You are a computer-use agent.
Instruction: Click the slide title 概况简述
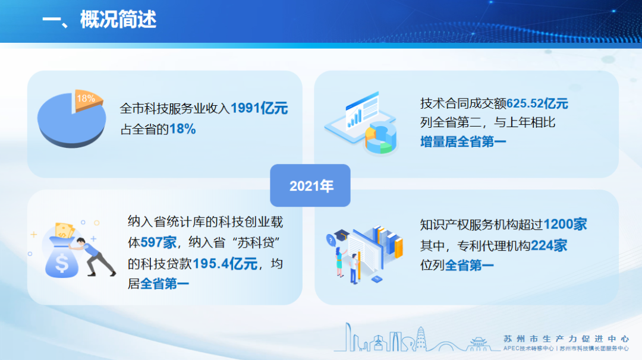[118, 20]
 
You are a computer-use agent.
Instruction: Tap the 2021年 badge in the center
[310, 185]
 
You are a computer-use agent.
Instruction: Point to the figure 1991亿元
[259, 108]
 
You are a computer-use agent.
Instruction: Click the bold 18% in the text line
[182, 130]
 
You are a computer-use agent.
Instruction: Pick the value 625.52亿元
[537, 103]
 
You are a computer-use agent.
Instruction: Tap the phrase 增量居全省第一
[463, 142]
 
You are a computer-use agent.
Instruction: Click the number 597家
[159, 242]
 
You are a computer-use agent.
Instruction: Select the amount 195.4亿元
[225, 263]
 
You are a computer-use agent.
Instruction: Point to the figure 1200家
[565, 224]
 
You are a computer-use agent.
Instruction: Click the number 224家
[549, 245]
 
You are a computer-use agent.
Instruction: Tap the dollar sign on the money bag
[62, 263]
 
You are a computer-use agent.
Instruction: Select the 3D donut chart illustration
[381, 138]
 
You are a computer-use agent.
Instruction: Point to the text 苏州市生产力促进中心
[566, 339]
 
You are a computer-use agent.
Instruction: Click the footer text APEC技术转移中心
[528, 349]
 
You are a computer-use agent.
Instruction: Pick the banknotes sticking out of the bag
[64, 230]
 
